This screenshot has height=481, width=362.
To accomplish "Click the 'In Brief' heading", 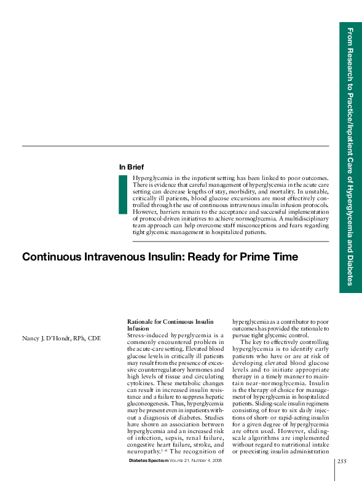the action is click(131, 166).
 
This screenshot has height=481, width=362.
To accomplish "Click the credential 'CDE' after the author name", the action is click(94, 338).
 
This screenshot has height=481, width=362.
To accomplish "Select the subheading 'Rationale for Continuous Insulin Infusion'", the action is click(170, 325).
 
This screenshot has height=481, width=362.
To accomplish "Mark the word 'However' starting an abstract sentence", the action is click(144, 211).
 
